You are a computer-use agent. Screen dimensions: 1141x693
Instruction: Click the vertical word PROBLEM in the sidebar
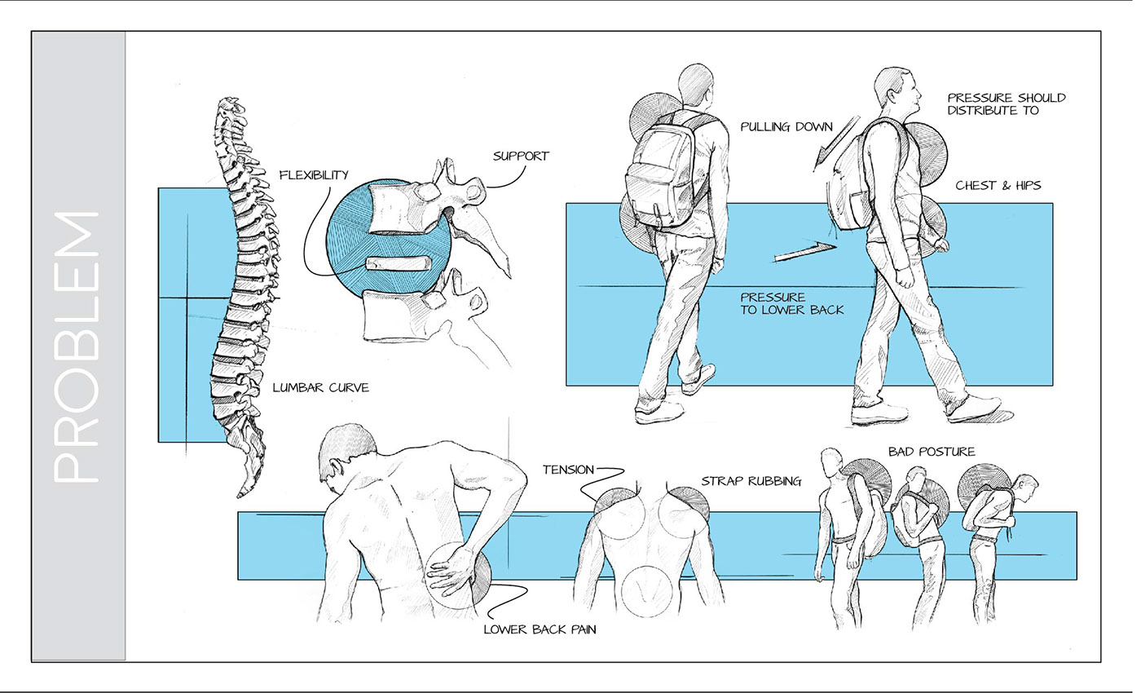pyautogui.click(x=78, y=347)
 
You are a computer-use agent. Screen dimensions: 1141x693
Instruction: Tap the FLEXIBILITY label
pyautogui.click(x=314, y=174)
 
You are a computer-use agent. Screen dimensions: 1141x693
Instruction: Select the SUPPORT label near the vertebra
pyautogui.click(x=521, y=156)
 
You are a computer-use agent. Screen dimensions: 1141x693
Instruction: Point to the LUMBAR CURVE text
pyautogui.click(x=320, y=388)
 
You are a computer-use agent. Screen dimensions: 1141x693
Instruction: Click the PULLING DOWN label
pyautogui.click(x=786, y=127)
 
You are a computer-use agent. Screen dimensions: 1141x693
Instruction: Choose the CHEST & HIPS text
pyautogui.click(x=998, y=186)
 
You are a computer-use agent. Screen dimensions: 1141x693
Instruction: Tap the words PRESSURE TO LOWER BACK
pyautogui.click(x=791, y=303)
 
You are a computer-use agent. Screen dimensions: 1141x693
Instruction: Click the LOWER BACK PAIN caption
pyautogui.click(x=540, y=629)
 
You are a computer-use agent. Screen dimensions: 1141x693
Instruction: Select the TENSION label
pyautogui.click(x=568, y=470)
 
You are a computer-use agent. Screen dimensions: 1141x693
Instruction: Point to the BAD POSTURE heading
pyautogui.click(x=932, y=452)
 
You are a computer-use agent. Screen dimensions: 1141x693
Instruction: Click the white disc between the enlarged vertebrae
pyautogui.click(x=396, y=263)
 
